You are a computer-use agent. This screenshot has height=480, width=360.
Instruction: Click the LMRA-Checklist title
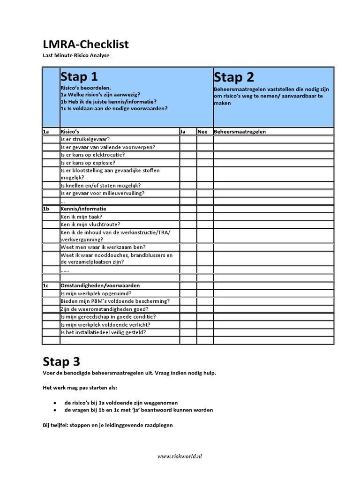click(x=86, y=45)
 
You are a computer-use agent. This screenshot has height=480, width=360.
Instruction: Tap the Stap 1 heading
click(x=79, y=77)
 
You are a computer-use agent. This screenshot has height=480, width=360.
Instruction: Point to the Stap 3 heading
click(x=61, y=361)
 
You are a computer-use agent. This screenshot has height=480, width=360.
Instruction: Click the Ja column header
click(x=183, y=132)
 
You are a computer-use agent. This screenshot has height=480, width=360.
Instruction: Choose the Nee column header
click(x=202, y=132)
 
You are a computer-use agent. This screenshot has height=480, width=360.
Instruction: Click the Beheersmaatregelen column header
click(x=240, y=132)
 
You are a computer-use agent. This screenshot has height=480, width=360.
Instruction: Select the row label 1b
click(x=46, y=209)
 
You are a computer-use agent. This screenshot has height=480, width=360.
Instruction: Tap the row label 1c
click(x=46, y=285)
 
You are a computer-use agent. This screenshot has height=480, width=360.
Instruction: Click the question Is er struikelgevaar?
click(x=85, y=139)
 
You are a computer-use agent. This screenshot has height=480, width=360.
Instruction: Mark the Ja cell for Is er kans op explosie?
click(x=187, y=163)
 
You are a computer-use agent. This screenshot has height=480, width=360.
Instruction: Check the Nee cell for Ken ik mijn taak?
click(x=204, y=217)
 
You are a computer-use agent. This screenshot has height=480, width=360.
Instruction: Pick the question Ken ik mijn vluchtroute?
click(x=90, y=225)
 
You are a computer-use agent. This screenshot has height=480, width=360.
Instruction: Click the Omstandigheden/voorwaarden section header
click(x=100, y=285)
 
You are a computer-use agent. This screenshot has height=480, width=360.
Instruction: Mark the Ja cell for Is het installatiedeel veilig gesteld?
click(x=187, y=332)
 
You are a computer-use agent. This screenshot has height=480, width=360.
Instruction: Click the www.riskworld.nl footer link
click(x=180, y=456)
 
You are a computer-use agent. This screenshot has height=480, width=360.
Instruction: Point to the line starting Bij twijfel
click(x=108, y=425)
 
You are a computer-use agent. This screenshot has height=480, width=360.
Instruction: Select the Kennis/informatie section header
click(x=83, y=209)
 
